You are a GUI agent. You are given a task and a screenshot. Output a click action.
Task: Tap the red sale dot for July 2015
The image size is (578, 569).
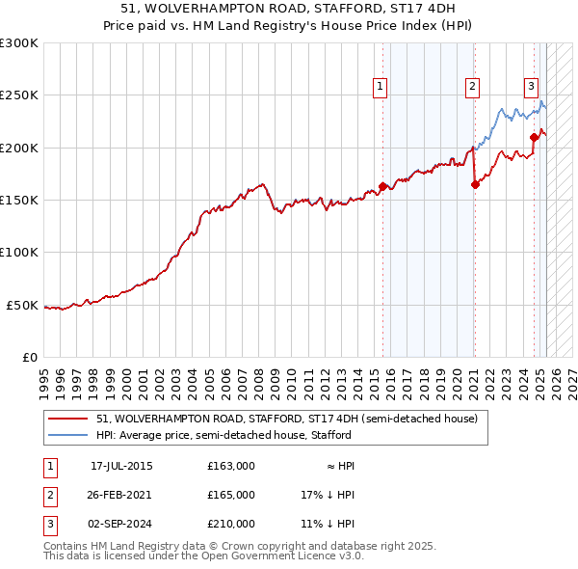click(382, 186)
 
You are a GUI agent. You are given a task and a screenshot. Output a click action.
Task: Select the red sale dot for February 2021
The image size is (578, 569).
click(475, 184)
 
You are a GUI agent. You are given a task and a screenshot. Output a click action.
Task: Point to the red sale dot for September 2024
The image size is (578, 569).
click(534, 138)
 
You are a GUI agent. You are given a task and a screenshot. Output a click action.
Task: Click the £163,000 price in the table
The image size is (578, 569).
click(231, 466)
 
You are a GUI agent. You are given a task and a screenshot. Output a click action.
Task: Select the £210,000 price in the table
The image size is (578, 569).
click(231, 524)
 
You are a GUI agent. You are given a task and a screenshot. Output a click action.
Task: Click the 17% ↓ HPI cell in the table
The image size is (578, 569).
click(328, 495)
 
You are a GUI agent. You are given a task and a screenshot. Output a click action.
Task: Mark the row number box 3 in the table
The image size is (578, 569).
click(49, 524)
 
